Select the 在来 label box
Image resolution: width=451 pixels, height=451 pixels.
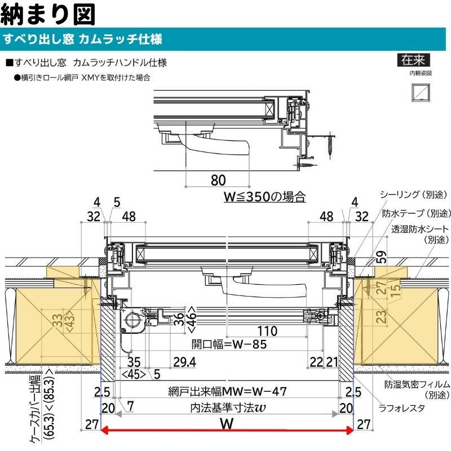pos(413,60)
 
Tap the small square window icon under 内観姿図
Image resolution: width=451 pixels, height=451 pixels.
pos(419,92)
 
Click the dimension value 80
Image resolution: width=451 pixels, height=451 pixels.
pos(218,180)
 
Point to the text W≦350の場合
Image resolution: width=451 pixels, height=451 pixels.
pos(264,197)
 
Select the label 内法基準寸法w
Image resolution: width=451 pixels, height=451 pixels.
pos(228,408)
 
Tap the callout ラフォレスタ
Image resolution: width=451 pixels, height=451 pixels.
pos(401,409)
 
